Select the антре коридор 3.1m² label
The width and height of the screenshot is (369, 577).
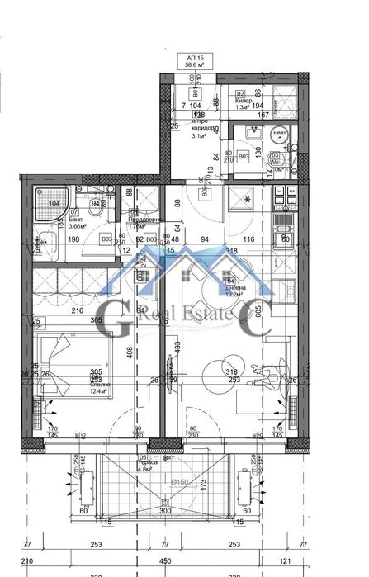point(204,128)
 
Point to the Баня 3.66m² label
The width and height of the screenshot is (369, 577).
point(77,221)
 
